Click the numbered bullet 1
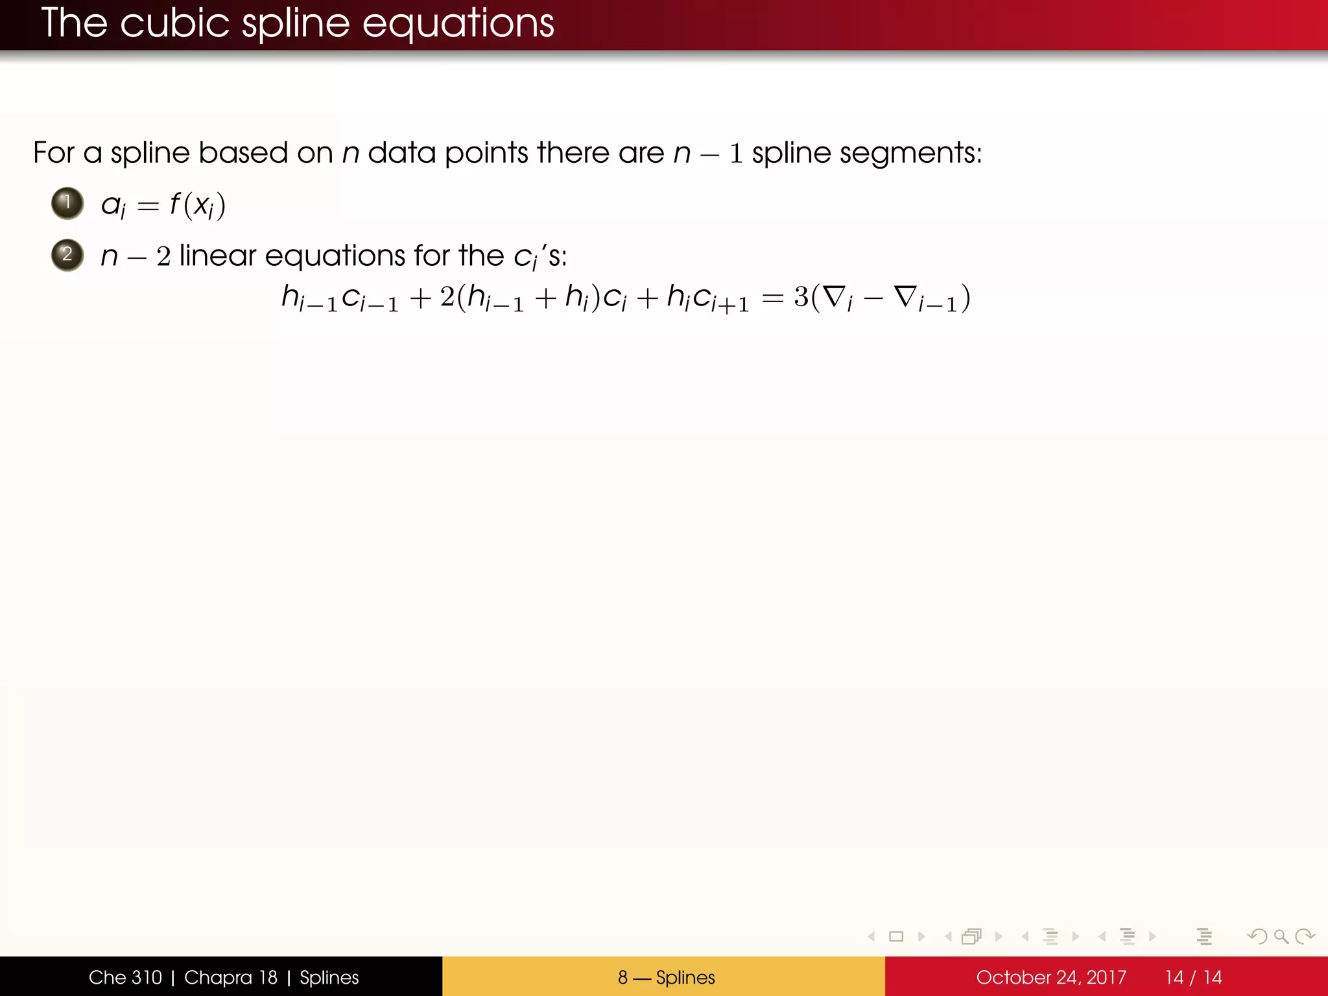click(x=67, y=203)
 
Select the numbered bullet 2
click(x=67, y=254)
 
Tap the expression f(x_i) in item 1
click(x=197, y=205)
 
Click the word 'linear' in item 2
click(x=218, y=255)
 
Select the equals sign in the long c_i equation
click(x=772, y=298)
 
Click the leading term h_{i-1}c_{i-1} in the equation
click(x=340, y=298)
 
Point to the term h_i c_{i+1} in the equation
click(x=707, y=298)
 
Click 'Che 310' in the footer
click(x=125, y=977)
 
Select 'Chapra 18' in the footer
click(x=231, y=977)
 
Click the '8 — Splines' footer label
click(x=666, y=977)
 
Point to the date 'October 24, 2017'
click(x=1050, y=977)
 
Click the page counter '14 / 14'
click(x=1193, y=977)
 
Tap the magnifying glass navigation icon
click(x=1281, y=936)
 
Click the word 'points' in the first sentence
click(x=486, y=154)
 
